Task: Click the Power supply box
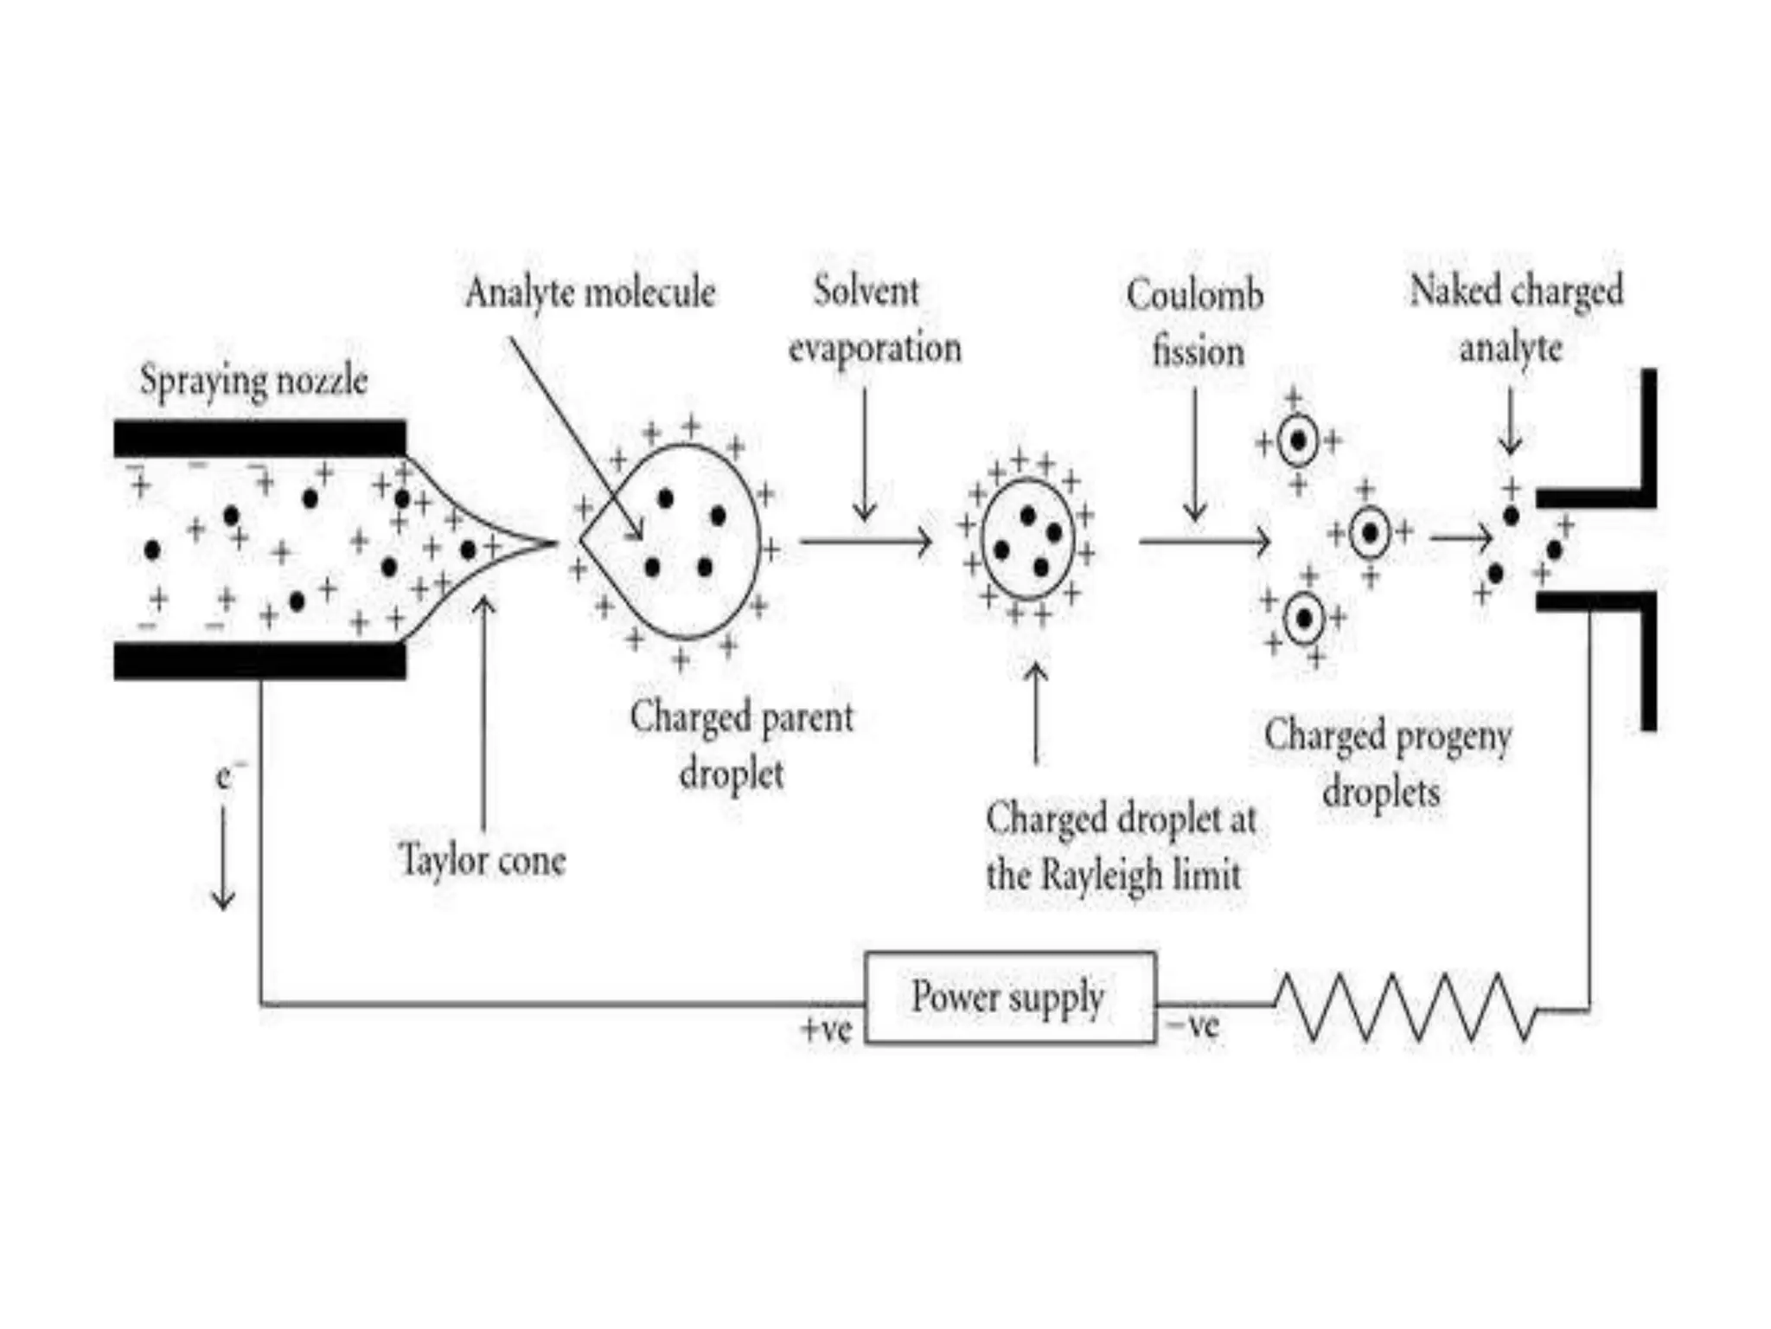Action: pos(1009,998)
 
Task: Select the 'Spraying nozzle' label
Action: pos(253,381)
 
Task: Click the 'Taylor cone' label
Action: pos(482,860)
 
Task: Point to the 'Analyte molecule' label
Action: pos(591,292)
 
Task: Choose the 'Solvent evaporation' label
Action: pos(873,320)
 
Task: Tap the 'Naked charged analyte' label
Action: pos(1515,318)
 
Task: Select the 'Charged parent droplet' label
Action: pos(740,744)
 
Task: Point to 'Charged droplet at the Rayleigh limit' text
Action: pos(1119,846)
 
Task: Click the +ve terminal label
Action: pos(826,1030)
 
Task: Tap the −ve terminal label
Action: pos(1193,1026)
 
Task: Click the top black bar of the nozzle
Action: pos(259,438)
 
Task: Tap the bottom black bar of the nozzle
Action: pos(259,661)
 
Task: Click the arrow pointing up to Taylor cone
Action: pos(483,709)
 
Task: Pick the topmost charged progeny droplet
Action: pos(1297,441)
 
